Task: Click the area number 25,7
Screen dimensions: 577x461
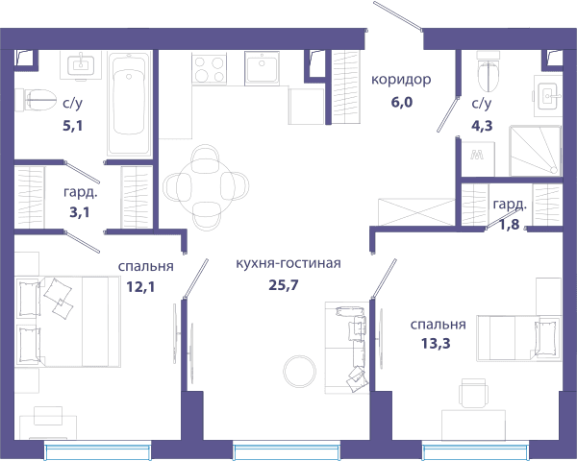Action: click(x=284, y=285)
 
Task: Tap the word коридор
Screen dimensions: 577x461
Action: click(x=401, y=80)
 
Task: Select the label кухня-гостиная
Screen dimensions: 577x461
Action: click(x=288, y=263)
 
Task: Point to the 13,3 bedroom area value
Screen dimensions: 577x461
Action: click(x=436, y=344)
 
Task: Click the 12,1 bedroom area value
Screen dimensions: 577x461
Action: click(x=140, y=286)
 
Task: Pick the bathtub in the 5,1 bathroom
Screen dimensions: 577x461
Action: click(x=129, y=104)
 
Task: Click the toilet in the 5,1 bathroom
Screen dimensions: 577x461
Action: click(x=36, y=100)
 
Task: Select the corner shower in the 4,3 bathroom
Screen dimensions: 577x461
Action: click(x=536, y=151)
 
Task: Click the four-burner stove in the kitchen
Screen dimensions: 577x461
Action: click(x=209, y=69)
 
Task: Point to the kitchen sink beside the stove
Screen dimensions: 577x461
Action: click(x=262, y=68)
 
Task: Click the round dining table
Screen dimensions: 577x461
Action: click(x=206, y=187)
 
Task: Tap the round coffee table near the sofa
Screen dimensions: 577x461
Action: click(x=299, y=371)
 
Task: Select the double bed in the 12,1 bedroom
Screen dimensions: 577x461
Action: click(x=67, y=322)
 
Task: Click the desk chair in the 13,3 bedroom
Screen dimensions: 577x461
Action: click(x=473, y=393)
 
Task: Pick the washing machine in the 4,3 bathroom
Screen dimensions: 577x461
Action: click(x=478, y=158)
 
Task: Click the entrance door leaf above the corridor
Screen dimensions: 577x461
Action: click(x=398, y=15)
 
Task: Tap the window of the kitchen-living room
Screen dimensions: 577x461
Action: click(x=287, y=451)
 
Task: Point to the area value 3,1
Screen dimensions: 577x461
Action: click(x=80, y=212)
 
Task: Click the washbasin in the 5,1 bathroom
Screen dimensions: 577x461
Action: click(x=81, y=65)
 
